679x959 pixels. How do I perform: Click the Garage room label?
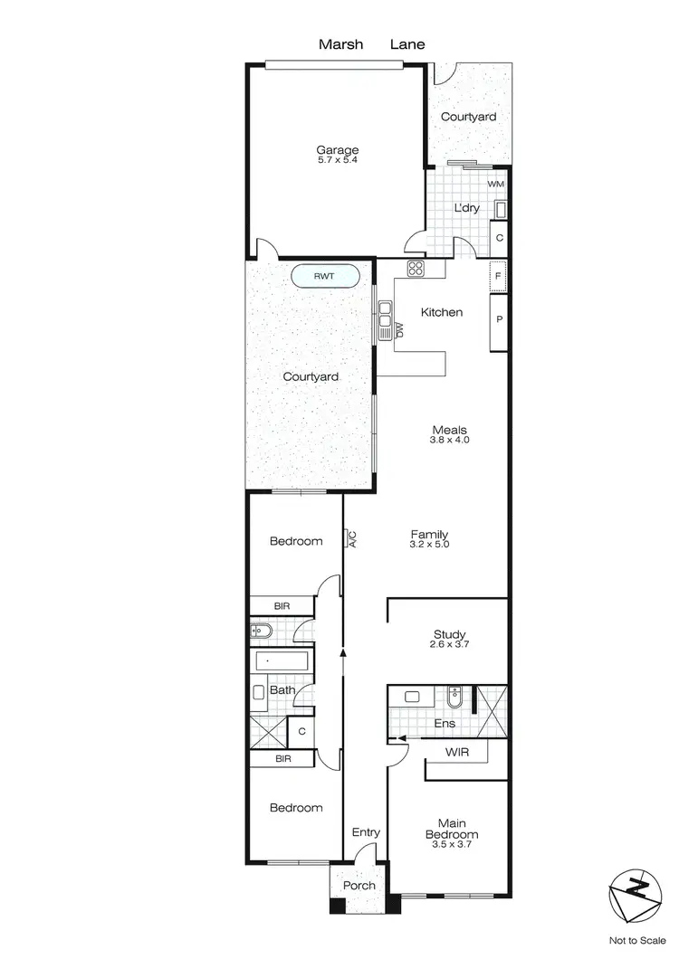pyautogui.click(x=337, y=150)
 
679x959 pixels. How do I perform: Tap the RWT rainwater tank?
pyautogui.click(x=325, y=277)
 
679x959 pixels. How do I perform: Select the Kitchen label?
pyautogui.click(x=442, y=312)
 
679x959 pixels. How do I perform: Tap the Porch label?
pyautogui.click(x=360, y=885)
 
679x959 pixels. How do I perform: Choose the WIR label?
pyautogui.click(x=456, y=752)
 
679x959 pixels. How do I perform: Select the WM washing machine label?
pyautogui.click(x=495, y=185)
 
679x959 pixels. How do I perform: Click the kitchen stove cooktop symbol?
pyautogui.click(x=416, y=267)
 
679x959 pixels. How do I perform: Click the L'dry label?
pyautogui.click(x=466, y=208)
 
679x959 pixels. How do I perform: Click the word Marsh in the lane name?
pyautogui.click(x=337, y=43)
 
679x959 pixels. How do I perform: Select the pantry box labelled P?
pyautogui.click(x=499, y=318)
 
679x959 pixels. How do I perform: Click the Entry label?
pyautogui.click(x=365, y=832)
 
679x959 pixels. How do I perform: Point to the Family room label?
pyautogui.click(x=429, y=535)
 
